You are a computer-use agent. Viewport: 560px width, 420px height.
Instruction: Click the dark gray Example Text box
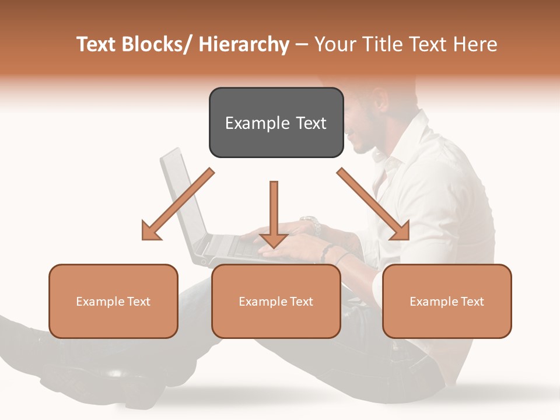(x=276, y=123)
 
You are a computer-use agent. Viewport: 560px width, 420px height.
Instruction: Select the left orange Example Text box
(x=113, y=301)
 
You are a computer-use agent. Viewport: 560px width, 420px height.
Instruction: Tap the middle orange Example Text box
(x=276, y=301)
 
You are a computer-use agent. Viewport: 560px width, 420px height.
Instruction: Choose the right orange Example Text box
(x=447, y=301)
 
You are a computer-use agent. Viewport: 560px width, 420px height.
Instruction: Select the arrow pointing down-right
(x=373, y=204)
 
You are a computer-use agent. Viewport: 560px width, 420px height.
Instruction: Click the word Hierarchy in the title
(x=244, y=44)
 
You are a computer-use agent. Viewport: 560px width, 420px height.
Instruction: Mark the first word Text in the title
(x=96, y=44)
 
